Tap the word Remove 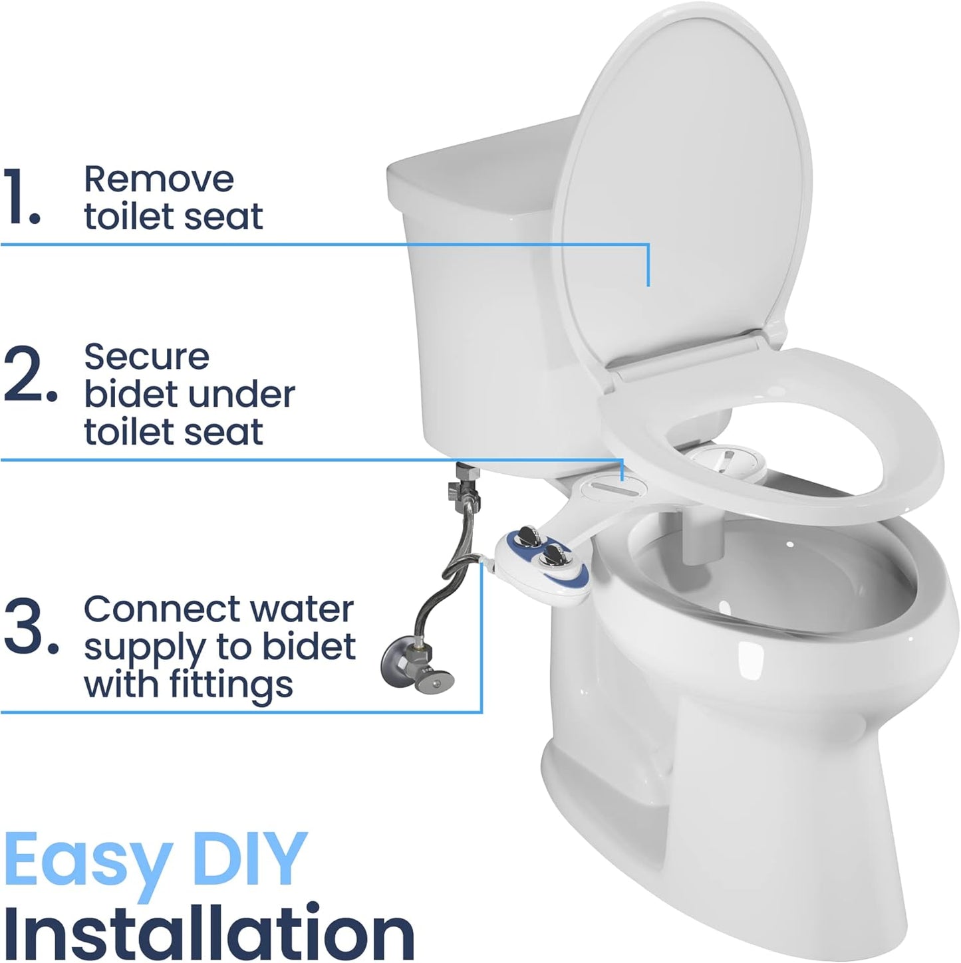[158, 179]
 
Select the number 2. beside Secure [29, 377]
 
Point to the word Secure [146, 358]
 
